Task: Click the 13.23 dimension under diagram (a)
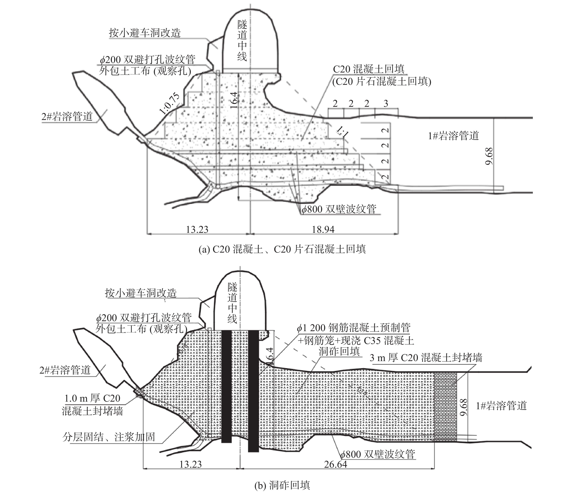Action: (197, 229)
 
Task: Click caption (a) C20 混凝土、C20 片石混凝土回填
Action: (282, 249)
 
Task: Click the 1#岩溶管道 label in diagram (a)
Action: (454, 136)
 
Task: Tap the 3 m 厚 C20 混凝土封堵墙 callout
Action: (426, 358)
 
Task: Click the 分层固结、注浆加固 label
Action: (109, 437)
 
